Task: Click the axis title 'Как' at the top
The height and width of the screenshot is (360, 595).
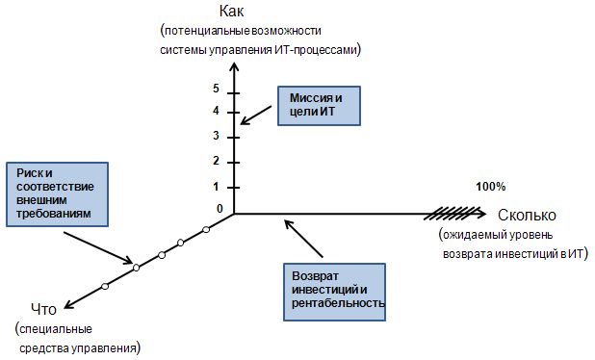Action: click(x=232, y=12)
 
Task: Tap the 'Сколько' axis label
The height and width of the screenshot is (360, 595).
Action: click(x=529, y=214)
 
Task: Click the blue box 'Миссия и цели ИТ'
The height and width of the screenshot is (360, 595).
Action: click(x=318, y=106)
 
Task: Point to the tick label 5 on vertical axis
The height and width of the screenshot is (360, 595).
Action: click(x=217, y=89)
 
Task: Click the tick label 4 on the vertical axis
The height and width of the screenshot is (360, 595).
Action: click(x=217, y=111)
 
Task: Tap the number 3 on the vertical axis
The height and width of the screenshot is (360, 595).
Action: click(x=217, y=135)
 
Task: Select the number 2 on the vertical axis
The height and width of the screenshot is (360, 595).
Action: click(x=217, y=160)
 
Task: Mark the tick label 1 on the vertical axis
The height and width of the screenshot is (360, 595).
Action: click(x=217, y=186)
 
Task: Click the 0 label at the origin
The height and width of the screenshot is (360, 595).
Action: click(x=219, y=209)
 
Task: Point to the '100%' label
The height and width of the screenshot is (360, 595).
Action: click(x=489, y=186)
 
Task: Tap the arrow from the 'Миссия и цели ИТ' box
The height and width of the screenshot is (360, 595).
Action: click(x=259, y=111)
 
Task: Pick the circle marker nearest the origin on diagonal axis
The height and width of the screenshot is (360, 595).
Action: click(x=206, y=229)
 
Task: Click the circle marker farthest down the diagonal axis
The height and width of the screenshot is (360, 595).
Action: click(x=105, y=286)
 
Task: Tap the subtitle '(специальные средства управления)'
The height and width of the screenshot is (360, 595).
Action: click(x=77, y=337)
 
